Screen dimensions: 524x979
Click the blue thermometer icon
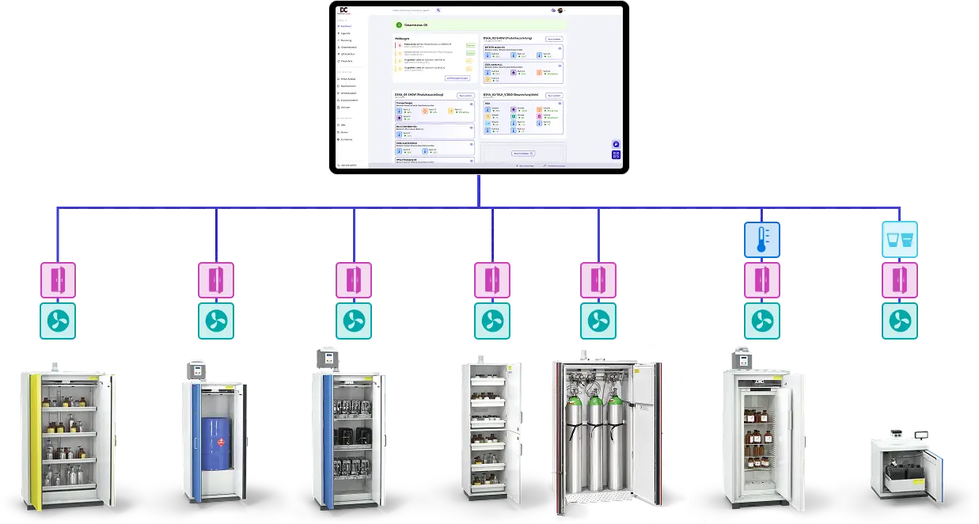(x=761, y=240)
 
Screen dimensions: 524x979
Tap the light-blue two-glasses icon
(x=900, y=240)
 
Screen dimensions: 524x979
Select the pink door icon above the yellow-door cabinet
(x=58, y=280)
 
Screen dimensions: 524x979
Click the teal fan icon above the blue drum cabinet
(x=215, y=321)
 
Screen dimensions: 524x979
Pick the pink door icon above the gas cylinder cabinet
(x=598, y=280)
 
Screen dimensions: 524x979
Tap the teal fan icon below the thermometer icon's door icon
(x=761, y=321)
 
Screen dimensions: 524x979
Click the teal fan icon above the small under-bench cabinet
(x=900, y=321)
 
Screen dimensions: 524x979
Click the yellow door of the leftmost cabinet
(x=34, y=439)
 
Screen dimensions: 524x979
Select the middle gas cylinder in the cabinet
(x=596, y=443)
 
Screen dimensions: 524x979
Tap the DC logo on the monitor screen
(x=343, y=10)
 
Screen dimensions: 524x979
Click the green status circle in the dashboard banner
(x=399, y=25)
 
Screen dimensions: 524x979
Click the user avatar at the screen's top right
(x=560, y=10)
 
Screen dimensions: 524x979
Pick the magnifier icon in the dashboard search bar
(x=438, y=10)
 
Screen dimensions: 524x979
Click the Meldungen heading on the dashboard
(x=403, y=37)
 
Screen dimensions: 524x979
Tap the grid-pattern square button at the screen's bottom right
(x=616, y=155)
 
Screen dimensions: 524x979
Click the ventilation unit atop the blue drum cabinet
(x=194, y=370)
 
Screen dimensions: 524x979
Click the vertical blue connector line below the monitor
(x=479, y=190)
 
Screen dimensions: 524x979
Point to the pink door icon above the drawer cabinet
(x=492, y=280)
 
